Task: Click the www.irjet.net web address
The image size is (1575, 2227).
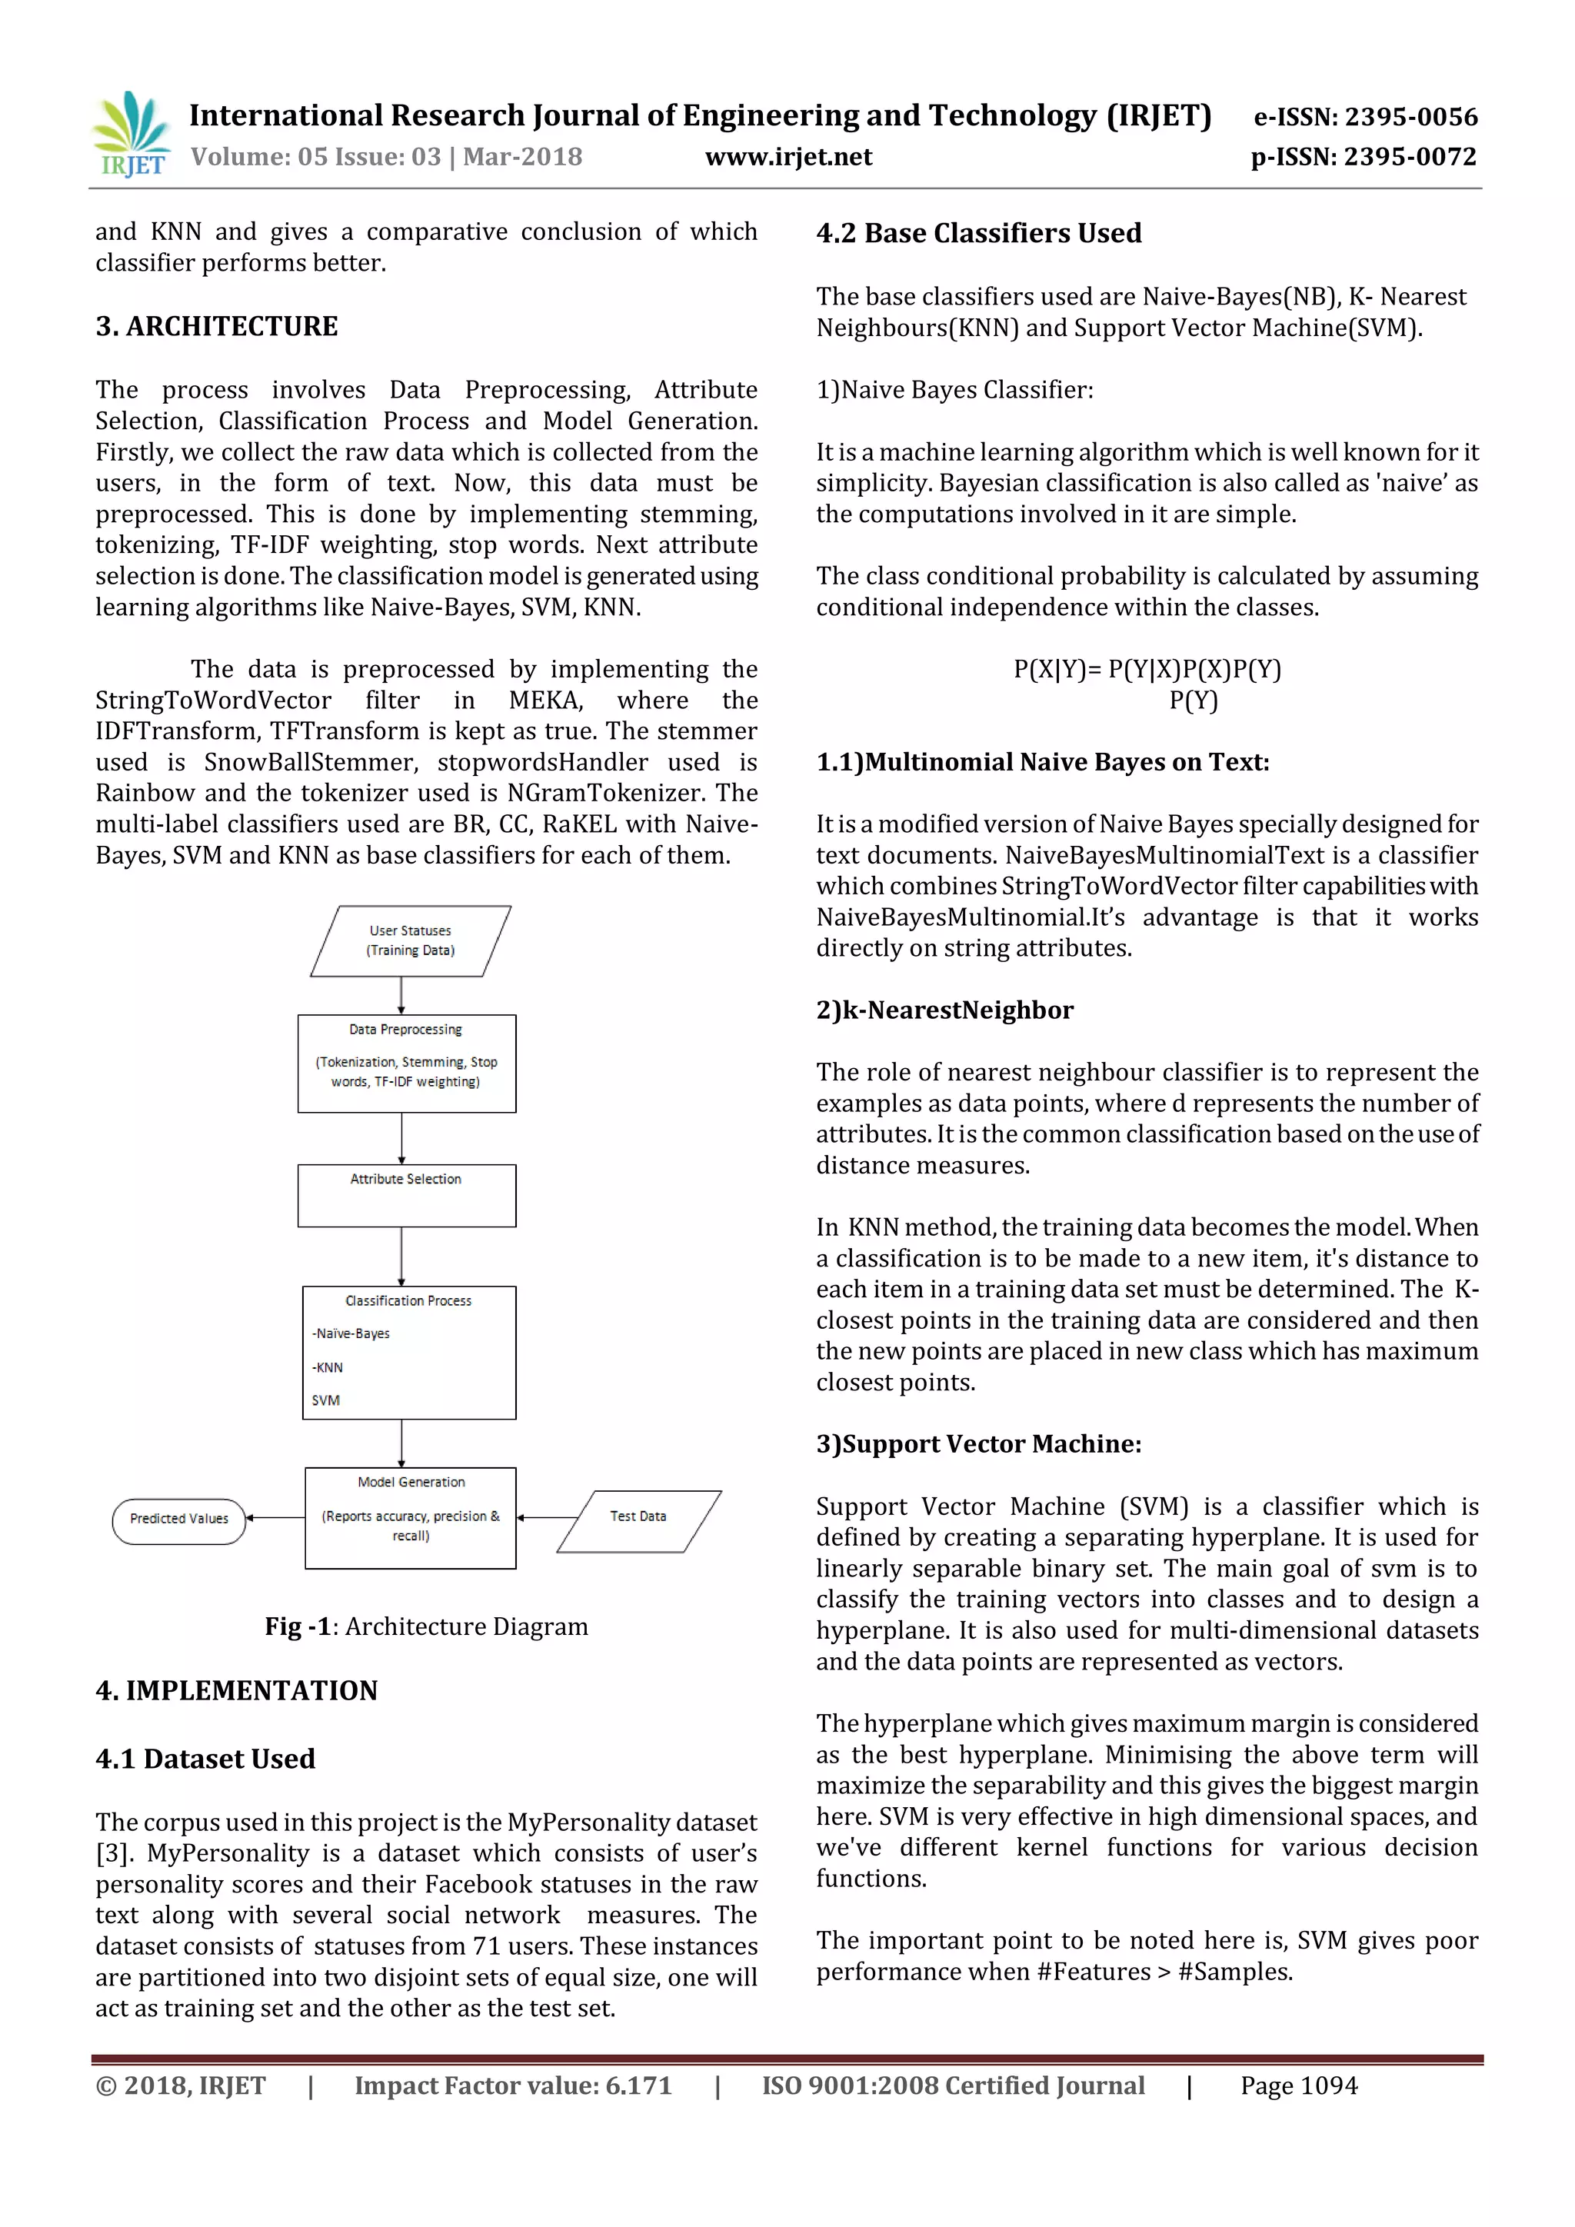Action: click(787, 157)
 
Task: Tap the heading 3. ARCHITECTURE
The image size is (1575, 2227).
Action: click(216, 326)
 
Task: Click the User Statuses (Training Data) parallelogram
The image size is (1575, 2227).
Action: click(410, 940)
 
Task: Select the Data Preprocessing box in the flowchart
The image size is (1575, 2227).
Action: click(406, 1063)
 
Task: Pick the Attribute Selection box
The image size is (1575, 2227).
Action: click(406, 1195)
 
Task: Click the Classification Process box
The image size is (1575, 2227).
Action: click(408, 1352)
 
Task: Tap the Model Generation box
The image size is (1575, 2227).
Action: click(410, 1517)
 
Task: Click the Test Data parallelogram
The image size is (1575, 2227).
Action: click(638, 1521)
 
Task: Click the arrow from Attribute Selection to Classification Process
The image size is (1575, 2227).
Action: click(401, 1257)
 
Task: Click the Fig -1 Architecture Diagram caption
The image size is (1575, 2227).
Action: click(427, 1626)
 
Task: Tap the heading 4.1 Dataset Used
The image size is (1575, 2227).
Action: click(205, 1759)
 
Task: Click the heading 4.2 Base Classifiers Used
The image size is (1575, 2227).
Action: click(978, 234)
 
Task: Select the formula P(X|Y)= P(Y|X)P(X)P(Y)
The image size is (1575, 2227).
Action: click(1147, 669)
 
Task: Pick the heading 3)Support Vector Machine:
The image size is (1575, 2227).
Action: click(977, 1444)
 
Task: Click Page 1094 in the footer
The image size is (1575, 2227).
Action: click(1299, 2086)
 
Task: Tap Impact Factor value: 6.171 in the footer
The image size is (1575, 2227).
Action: click(513, 2086)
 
